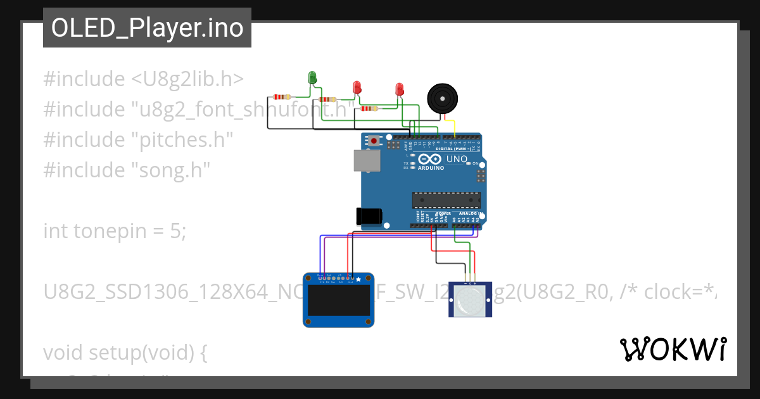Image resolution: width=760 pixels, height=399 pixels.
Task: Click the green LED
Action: pos(312,78)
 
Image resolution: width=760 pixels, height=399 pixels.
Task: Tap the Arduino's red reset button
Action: pos(374,141)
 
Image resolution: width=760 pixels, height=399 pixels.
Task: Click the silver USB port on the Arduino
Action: pos(367,161)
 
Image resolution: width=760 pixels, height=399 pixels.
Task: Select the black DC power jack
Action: pos(369,217)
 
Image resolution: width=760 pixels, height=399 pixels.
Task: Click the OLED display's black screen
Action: pos(339,301)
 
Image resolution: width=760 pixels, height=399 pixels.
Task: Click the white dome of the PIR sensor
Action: pos(469,303)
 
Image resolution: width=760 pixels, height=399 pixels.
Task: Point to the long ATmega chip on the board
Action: pos(446,200)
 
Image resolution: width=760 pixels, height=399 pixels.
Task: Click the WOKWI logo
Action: pos(673,349)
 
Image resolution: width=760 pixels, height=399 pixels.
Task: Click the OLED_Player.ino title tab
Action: pos(147,28)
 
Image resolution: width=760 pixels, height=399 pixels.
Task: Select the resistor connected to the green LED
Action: pos(282,97)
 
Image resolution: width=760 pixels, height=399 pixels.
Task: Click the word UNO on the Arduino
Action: pos(457,159)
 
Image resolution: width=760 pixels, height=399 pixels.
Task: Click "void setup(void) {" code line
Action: pos(125,352)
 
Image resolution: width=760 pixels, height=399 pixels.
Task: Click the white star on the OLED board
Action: pos(358,279)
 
